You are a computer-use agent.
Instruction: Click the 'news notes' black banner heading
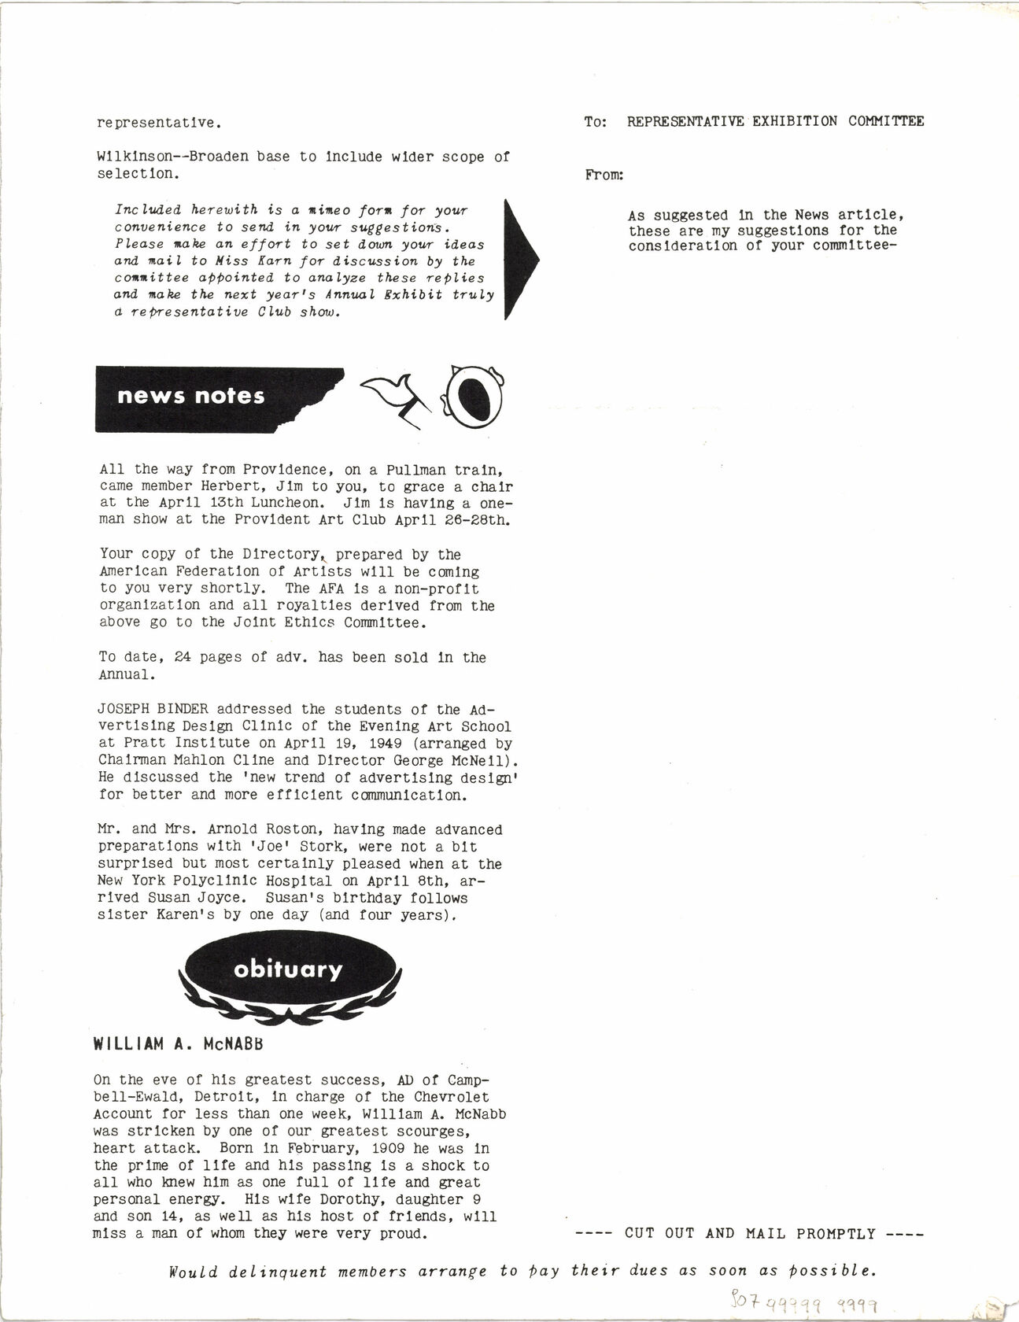click(x=191, y=396)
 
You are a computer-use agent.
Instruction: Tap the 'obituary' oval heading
click(x=288, y=969)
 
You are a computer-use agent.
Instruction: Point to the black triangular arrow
click(x=520, y=259)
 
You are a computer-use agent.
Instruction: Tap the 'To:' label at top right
click(x=596, y=121)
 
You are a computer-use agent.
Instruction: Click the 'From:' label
click(x=604, y=175)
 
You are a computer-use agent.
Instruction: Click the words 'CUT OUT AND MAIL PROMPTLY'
click(x=750, y=1233)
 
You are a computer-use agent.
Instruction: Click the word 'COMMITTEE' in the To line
click(x=886, y=121)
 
